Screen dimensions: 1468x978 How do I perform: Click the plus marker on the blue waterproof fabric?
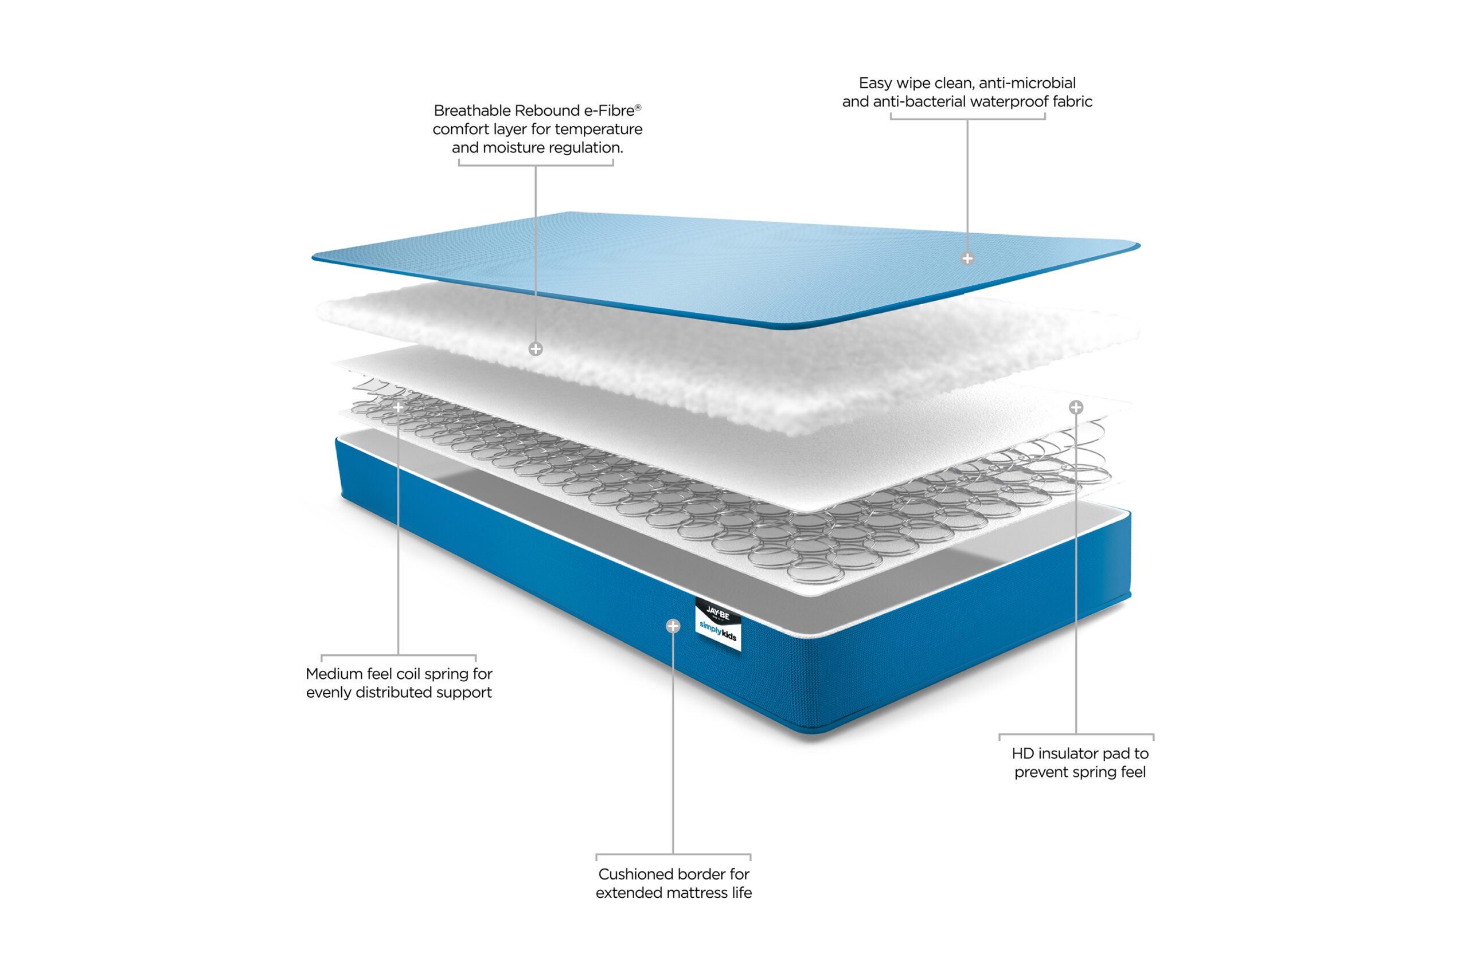[x=967, y=258]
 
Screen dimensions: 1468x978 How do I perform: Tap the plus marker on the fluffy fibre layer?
[x=536, y=349]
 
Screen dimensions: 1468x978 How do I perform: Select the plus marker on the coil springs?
[x=398, y=407]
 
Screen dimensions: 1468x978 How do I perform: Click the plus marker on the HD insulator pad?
[x=1076, y=407]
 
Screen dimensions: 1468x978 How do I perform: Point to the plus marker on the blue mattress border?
[x=673, y=626]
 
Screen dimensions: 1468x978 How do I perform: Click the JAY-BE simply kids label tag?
[x=719, y=624]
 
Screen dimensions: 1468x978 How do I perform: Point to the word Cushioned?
[x=634, y=874]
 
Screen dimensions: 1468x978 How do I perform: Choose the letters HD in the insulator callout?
[x=1023, y=753]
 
